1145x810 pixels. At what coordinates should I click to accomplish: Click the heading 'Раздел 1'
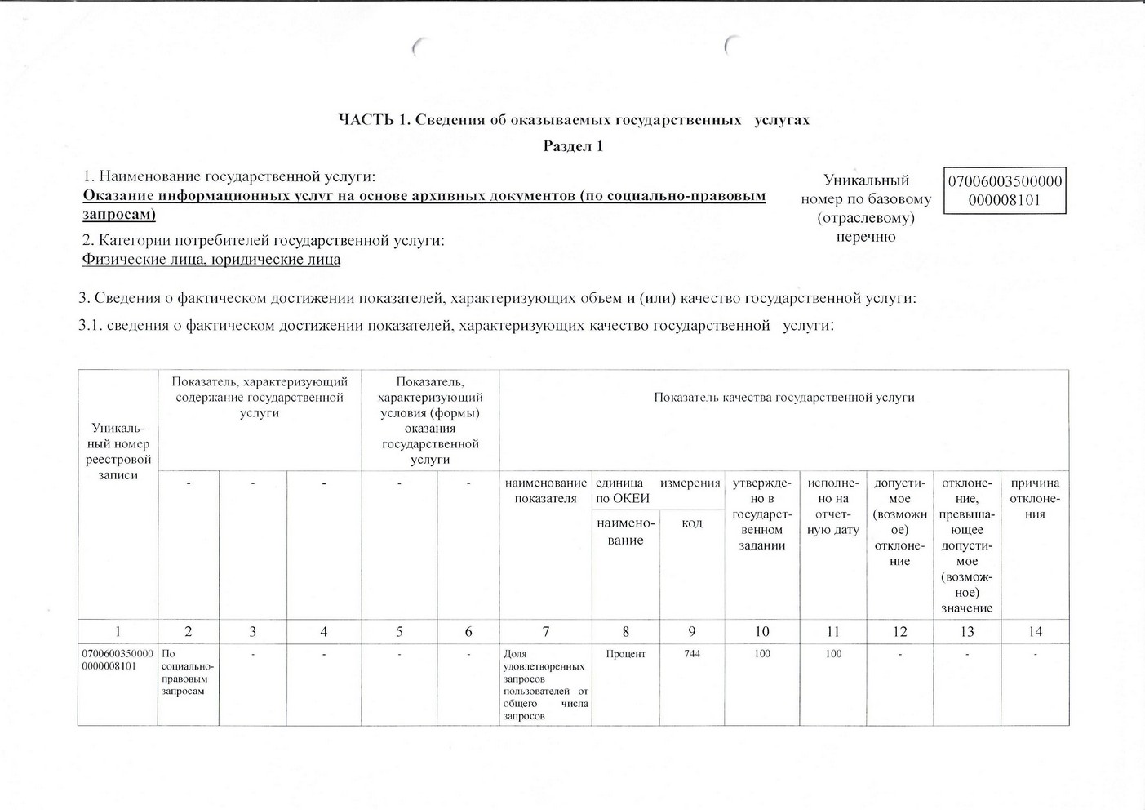coord(573,146)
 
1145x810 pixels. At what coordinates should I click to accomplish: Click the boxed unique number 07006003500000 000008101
coord(1005,190)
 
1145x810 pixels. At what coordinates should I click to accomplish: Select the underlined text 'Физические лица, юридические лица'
coord(211,260)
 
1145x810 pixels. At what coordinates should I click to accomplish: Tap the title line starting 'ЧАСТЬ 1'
coord(574,120)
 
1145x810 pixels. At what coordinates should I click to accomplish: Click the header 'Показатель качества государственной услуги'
coord(783,398)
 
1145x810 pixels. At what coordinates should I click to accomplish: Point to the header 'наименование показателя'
coord(545,491)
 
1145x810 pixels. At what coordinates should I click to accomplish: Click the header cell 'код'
coord(691,523)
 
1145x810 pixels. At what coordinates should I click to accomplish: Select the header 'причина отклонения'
coord(1035,498)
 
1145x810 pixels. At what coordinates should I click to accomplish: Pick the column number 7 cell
coord(545,631)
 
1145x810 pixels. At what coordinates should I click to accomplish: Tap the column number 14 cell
coord(1035,631)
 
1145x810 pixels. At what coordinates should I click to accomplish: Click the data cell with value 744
coord(691,654)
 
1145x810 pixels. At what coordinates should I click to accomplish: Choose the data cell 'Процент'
coord(626,654)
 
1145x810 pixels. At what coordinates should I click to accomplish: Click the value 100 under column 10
coord(761,654)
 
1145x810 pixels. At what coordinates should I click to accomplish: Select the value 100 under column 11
coord(833,654)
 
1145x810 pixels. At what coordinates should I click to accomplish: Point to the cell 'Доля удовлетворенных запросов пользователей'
coord(545,684)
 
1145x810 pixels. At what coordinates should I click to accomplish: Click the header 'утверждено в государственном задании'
coord(761,514)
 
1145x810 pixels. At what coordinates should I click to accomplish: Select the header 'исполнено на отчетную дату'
coord(833,506)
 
